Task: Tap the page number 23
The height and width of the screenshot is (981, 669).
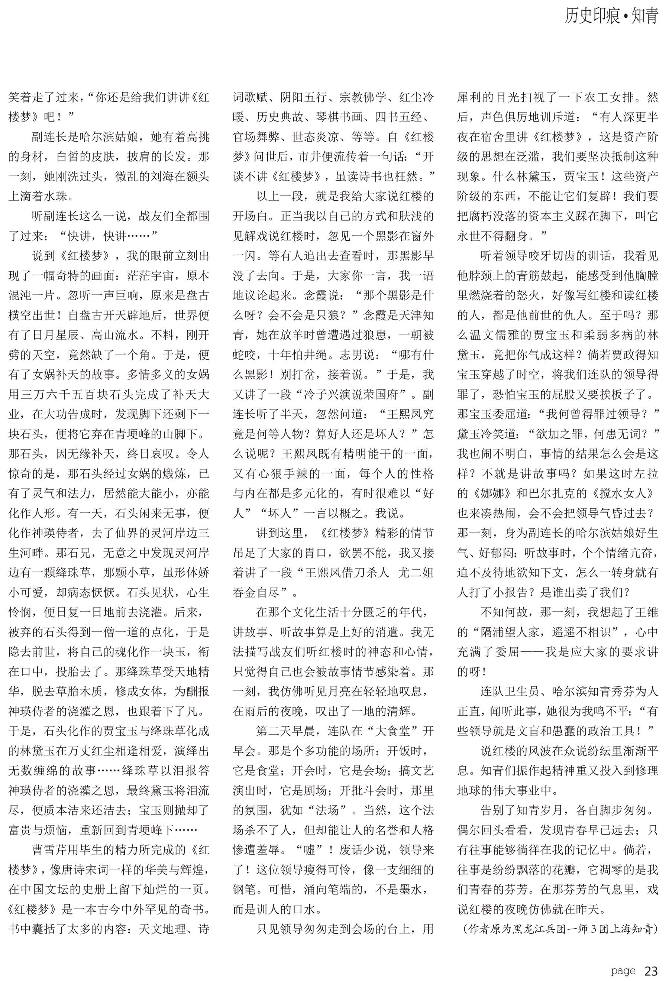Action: coord(651,971)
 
